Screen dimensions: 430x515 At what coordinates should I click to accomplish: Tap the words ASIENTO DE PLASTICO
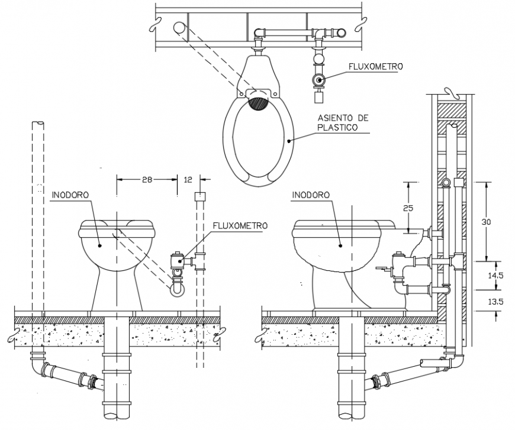click(x=343, y=122)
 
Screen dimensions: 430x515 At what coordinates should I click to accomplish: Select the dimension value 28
click(x=147, y=179)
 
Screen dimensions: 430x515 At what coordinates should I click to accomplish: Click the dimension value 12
click(x=188, y=179)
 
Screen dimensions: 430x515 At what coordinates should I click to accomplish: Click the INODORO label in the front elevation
click(x=70, y=193)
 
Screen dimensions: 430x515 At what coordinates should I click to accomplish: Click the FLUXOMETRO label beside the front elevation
click(x=240, y=225)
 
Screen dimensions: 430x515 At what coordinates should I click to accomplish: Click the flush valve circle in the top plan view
click(x=319, y=80)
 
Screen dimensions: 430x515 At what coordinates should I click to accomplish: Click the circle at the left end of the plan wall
click(x=179, y=27)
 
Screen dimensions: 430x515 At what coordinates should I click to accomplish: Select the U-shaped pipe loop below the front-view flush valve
click(x=177, y=289)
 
